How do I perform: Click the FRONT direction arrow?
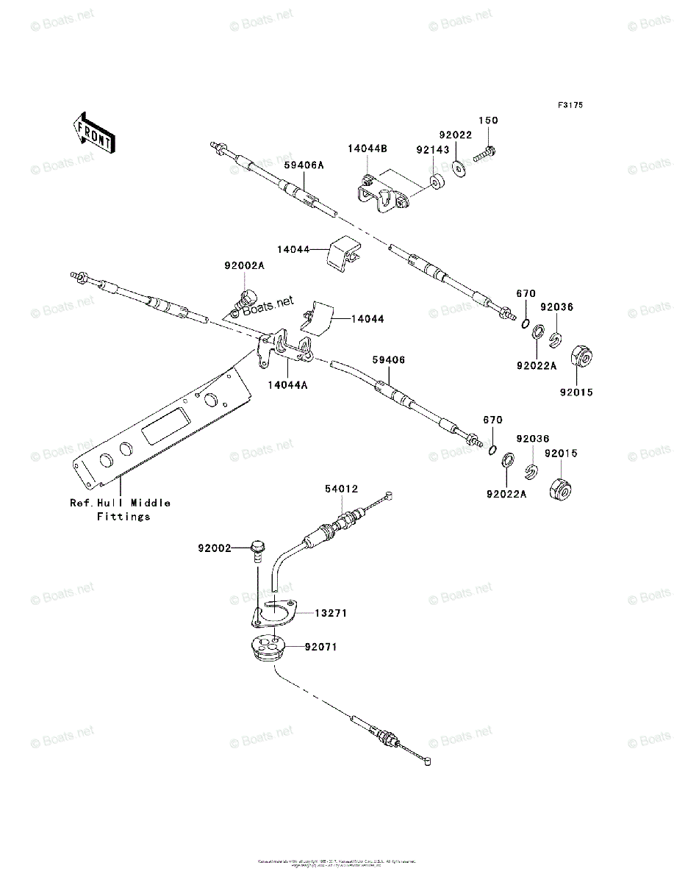pos(93,132)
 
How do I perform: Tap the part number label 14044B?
pos(368,148)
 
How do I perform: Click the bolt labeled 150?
pos(485,154)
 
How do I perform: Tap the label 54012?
pos(342,488)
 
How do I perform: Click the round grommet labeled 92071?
pos(268,649)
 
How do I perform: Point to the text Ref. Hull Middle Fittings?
pos(121,509)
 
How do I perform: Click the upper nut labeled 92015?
pos(581,355)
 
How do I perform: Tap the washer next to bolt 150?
pos(461,170)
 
